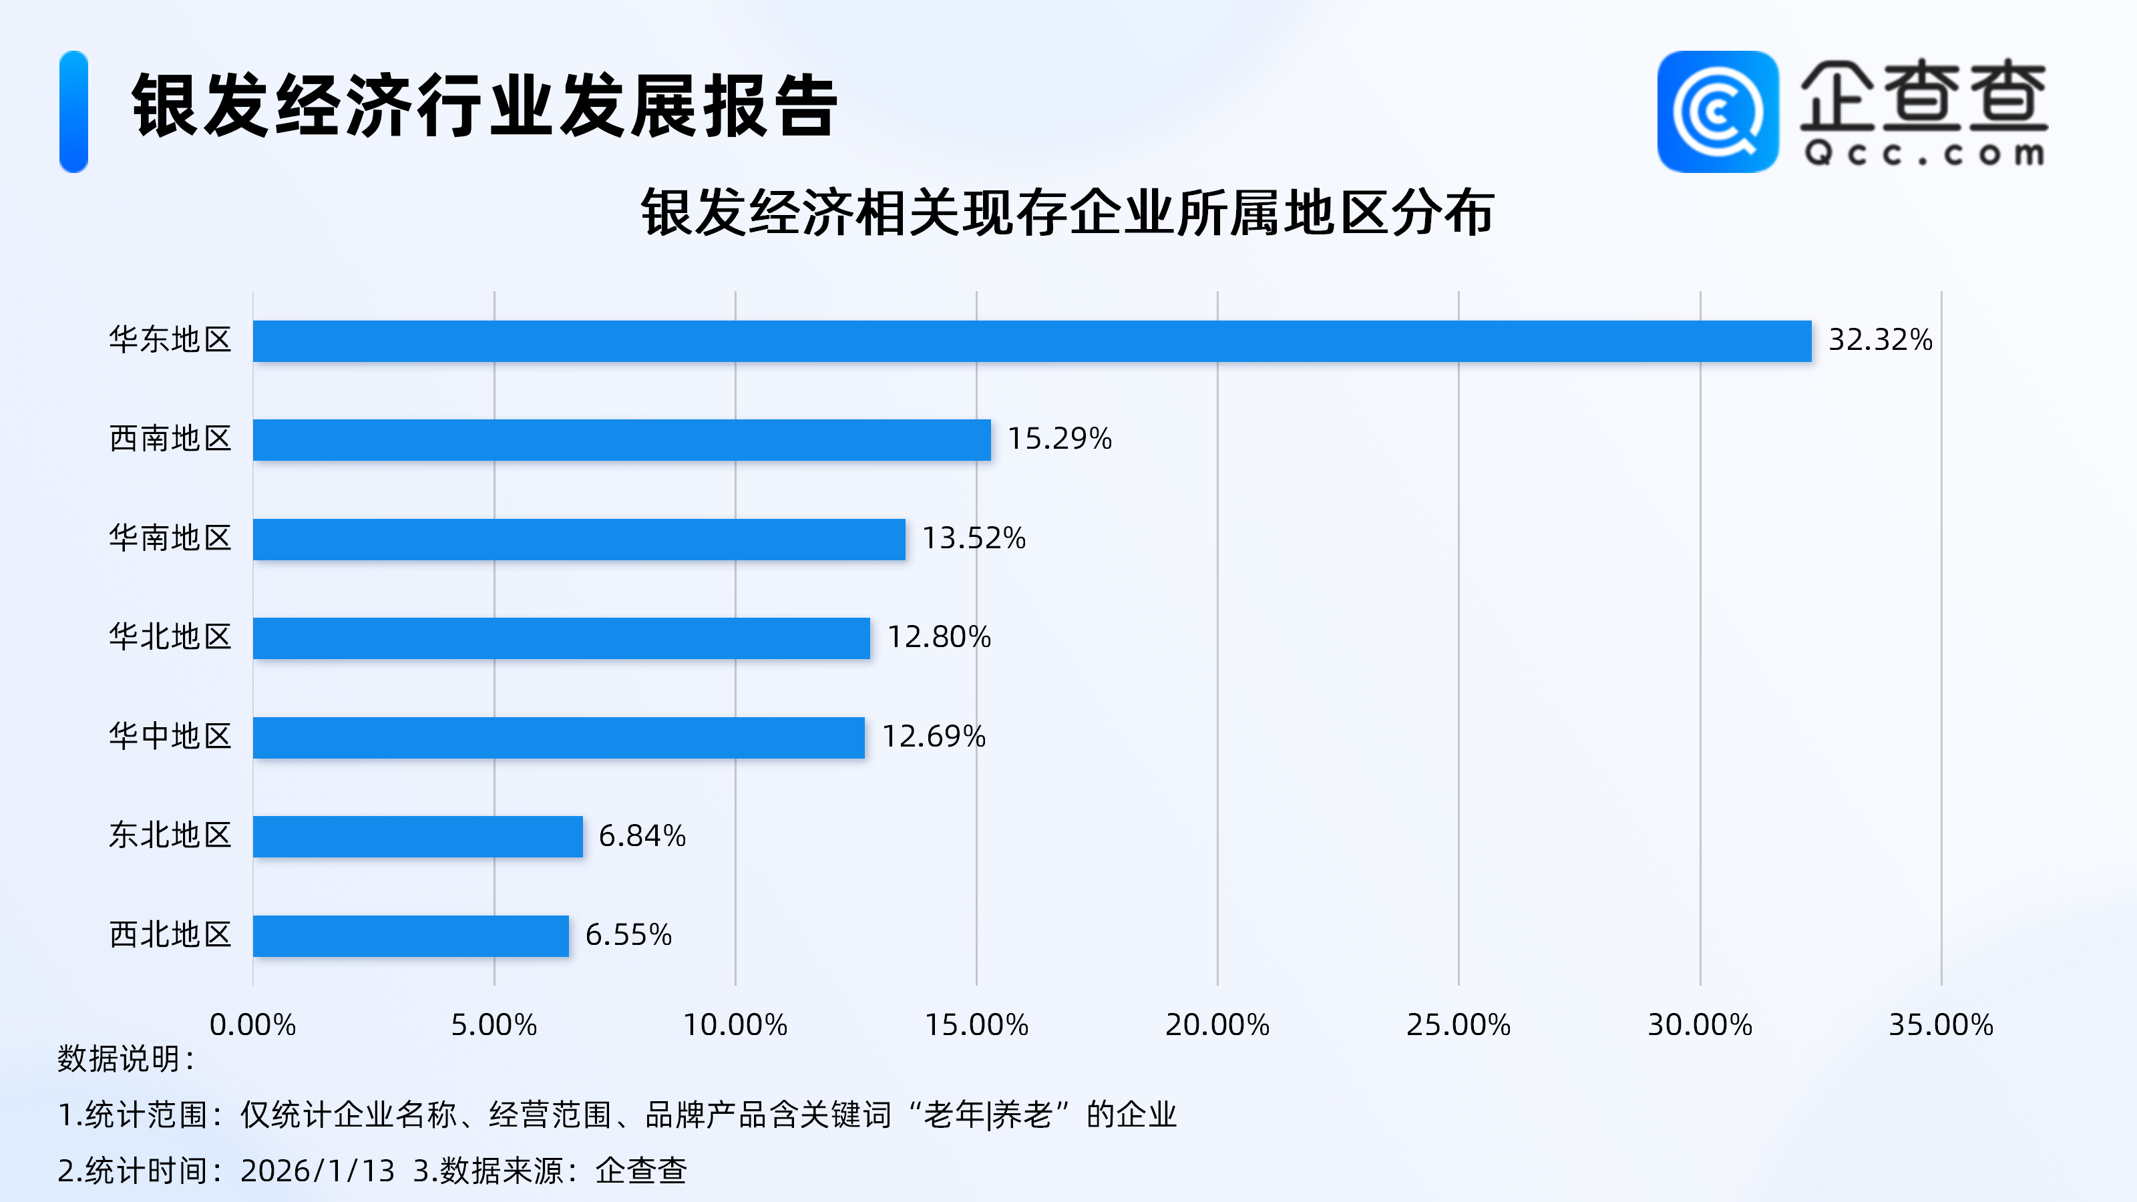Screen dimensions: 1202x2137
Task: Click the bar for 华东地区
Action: coord(1032,341)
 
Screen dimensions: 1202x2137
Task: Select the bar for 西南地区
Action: coord(621,439)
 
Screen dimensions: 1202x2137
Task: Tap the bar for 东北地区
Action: coord(417,836)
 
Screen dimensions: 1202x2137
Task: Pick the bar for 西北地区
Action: coord(411,936)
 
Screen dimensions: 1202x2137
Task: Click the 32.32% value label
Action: coord(1880,340)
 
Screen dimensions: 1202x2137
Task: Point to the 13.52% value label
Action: coord(974,538)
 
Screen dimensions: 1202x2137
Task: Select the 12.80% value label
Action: coord(939,637)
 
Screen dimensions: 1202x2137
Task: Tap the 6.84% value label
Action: coord(642,836)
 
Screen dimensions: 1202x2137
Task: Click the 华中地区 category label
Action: coord(170,737)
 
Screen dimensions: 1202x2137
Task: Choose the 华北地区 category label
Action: coord(170,637)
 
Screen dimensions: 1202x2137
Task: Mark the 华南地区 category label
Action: coord(170,538)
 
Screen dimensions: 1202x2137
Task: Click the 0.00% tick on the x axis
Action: coord(252,1025)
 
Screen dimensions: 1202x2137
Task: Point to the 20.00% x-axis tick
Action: coord(1217,1025)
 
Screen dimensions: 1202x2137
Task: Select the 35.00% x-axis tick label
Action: coord(1941,1025)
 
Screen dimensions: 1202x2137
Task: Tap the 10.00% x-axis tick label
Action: coord(735,1025)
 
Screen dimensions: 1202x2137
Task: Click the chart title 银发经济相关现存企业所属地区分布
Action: coord(1067,213)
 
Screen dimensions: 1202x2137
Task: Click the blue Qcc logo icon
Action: coord(1717,112)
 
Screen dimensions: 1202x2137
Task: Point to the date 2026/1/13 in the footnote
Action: coord(317,1171)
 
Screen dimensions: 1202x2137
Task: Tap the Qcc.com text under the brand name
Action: coord(1923,154)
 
